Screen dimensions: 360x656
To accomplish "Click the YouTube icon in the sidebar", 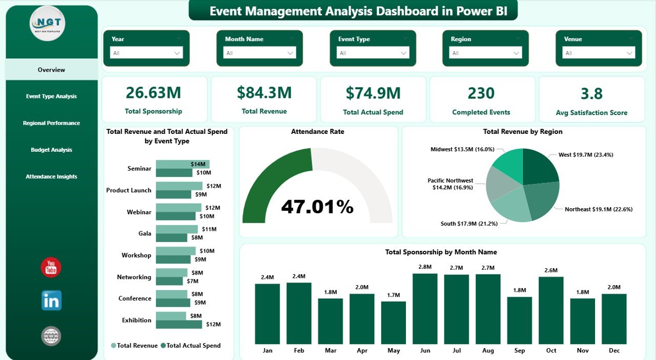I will click(51, 268).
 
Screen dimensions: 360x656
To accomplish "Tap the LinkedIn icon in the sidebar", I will click(51, 301).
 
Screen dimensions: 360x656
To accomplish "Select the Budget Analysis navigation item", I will click(51, 150).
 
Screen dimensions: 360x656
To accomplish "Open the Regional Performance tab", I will click(51, 123).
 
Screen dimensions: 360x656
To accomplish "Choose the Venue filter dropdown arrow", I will click(629, 53).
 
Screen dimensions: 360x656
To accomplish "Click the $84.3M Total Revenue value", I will click(264, 93).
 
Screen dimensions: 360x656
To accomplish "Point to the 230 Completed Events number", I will click(481, 93).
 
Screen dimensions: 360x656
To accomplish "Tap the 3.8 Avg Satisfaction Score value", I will click(591, 94).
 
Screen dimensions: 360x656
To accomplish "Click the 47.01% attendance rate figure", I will click(317, 207).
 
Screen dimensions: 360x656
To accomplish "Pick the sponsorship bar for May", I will click(394, 323).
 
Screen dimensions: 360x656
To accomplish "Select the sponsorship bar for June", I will click(425, 309).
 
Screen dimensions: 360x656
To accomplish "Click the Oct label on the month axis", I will click(551, 351).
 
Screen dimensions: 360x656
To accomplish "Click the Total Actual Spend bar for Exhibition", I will click(179, 324).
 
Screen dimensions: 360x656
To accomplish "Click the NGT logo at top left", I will click(48, 24).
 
